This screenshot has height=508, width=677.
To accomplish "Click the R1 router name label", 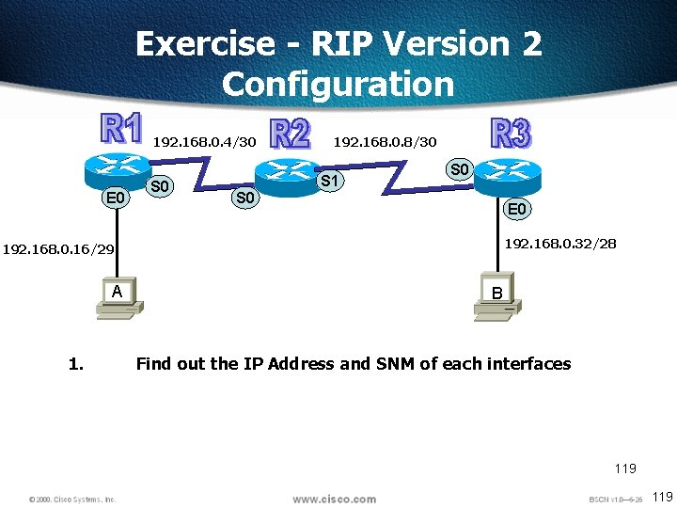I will click(x=122, y=131).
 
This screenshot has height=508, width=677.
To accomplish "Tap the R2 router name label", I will click(x=290, y=135).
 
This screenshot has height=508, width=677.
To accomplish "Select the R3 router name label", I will click(x=512, y=133).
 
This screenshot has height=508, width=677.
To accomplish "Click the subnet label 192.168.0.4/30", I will click(x=204, y=142).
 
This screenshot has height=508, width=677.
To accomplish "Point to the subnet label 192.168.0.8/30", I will click(x=386, y=142).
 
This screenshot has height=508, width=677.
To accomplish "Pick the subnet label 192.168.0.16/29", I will click(x=59, y=249).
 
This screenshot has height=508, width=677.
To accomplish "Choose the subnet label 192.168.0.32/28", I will click(x=560, y=244).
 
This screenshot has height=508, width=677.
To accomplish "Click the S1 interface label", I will click(x=330, y=180).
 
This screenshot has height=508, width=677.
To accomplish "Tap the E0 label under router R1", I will click(x=117, y=198).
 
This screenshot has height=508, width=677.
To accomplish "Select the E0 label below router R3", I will click(x=517, y=209).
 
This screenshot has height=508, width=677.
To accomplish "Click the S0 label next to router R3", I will click(x=459, y=170).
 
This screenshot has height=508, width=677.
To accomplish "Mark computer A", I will click(x=117, y=298).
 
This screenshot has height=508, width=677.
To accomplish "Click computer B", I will click(x=496, y=301).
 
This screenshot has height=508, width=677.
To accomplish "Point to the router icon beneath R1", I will click(x=118, y=169).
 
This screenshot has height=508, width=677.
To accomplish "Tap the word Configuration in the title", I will click(x=338, y=84).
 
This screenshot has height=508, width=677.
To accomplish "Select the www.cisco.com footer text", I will click(x=334, y=499).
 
